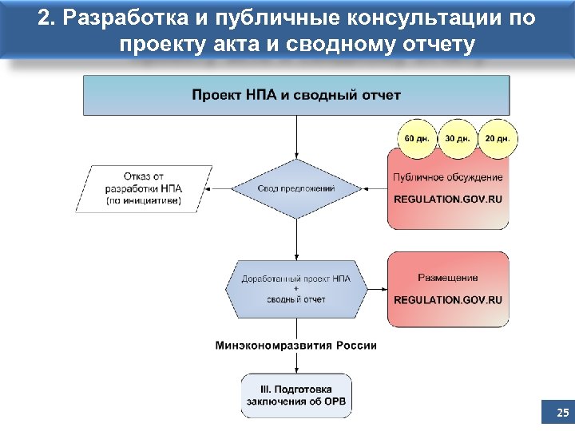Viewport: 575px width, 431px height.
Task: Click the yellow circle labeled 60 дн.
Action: coord(416,138)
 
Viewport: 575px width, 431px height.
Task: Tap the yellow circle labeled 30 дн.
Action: coord(457,138)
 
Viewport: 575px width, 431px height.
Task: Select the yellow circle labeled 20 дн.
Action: coord(497,138)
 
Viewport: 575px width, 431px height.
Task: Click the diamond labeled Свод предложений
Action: coord(296,188)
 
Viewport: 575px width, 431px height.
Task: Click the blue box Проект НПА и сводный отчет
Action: coord(296,96)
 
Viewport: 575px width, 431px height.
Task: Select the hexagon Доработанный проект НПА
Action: coord(296,288)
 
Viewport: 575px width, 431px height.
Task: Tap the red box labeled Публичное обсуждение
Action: coord(448,188)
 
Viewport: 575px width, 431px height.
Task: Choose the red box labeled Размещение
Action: coord(448,288)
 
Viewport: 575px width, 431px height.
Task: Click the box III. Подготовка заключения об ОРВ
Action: coord(296,395)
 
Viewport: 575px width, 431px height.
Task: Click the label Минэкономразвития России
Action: coord(296,346)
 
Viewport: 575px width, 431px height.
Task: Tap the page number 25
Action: coord(562,413)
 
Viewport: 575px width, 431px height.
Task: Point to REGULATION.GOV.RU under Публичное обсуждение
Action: coord(448,199)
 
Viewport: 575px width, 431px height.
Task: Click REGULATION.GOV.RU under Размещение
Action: coord(448,300)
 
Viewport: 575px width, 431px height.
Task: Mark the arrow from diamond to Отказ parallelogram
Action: coord(217,189)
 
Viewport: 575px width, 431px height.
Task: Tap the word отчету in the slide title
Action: coord(434,45)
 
